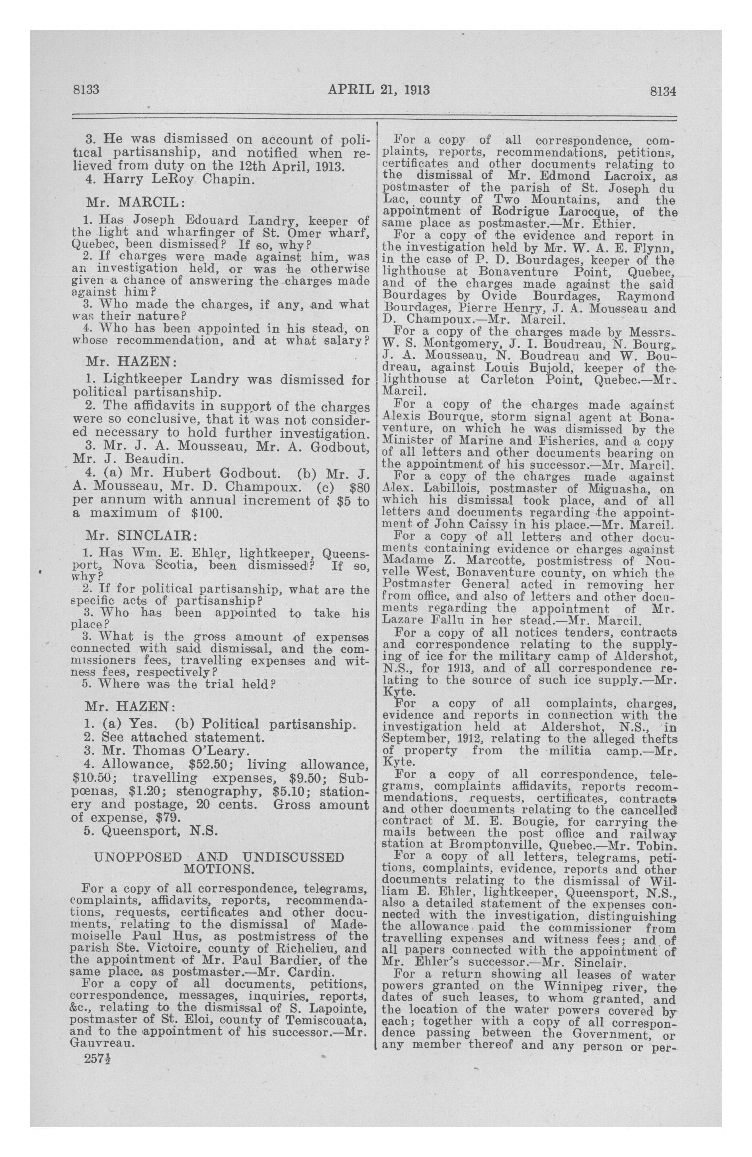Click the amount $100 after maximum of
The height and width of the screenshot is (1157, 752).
(x=203, y=513)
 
